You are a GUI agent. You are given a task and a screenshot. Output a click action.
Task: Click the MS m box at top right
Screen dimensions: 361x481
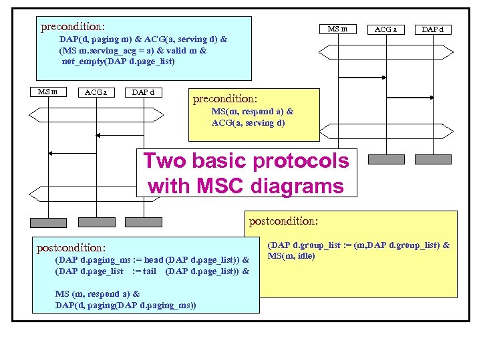[x=338, y=29]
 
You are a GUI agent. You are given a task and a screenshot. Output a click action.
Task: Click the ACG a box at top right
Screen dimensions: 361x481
[x=385, y=29]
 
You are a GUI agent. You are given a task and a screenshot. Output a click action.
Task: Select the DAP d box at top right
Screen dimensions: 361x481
[x=433, y=29]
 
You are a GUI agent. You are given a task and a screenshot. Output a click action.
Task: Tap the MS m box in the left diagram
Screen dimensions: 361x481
[x=48, y=92]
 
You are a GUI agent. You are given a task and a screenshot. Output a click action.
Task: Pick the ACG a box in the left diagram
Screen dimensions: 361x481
[x=96, y=92]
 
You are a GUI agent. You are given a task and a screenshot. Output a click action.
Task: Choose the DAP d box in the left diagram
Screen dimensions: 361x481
[x=144, y=92]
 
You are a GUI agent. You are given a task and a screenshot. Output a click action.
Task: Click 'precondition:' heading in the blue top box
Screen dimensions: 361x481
[x=72, y=27]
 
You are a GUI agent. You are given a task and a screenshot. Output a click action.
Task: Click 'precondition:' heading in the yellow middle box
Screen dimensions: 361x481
[x=224, y=99]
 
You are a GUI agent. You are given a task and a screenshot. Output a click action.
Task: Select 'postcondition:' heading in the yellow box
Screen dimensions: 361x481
[x=283, y=221]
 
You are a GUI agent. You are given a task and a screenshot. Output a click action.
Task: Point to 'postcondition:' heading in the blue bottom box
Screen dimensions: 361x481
[x=71, y=248]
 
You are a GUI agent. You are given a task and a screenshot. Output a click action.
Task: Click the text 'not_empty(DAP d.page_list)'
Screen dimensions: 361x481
[x=118, y=62]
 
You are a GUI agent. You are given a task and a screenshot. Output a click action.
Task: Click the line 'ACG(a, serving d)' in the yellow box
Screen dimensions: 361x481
[x=248, y=123]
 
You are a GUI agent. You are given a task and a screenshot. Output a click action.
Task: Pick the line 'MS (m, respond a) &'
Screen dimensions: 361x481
[x=98, y=294]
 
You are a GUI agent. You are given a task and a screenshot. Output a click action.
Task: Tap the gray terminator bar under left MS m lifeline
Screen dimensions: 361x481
[x=48, y=223]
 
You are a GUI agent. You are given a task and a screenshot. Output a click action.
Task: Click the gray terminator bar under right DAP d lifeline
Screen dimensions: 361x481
[x=434, y=160]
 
